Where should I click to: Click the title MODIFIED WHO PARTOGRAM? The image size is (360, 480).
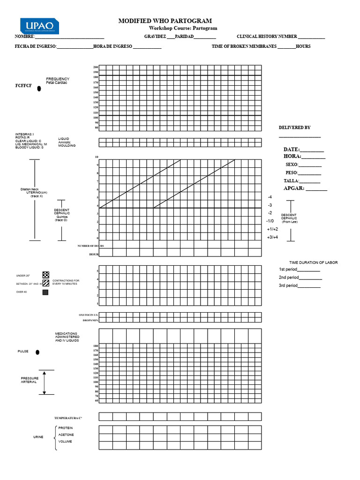tap(165, 21)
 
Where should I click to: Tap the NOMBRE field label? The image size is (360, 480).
tap(24, 37)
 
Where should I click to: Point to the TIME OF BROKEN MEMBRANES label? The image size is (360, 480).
tap(244, 46)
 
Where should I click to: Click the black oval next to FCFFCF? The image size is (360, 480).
tap(39, 88)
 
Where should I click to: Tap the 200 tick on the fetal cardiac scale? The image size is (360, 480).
tap(96, 67)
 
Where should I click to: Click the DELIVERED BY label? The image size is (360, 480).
tap(294, 127)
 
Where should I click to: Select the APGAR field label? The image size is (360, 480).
tap(294, 188)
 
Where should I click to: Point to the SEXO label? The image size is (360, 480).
tap(292, 165)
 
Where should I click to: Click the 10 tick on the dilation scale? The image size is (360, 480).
tap(97, 157)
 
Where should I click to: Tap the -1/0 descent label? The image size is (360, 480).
tap(270, 221)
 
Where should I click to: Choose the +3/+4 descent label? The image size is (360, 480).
tap(272, 237)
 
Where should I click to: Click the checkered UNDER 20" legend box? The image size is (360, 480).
tap(45, 275)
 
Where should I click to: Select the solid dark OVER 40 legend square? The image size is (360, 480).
tap(45, 292)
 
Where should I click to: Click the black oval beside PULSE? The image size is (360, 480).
tap(37, 352)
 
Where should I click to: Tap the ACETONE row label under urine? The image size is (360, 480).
tap(66, 435)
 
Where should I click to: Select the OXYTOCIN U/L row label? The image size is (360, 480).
tap(88, 315)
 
